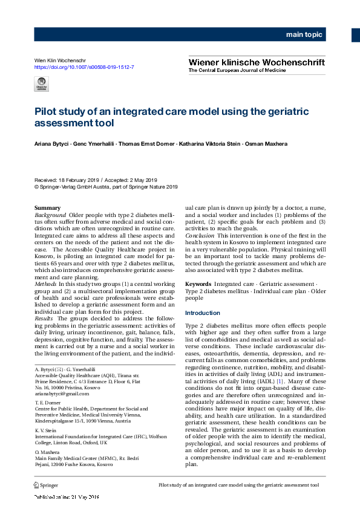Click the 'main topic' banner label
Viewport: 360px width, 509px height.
point(304,35)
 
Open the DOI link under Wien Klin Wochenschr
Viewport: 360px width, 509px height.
point(84,67)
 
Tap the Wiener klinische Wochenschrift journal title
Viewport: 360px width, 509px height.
point(257,62)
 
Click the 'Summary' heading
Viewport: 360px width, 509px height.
point(48,209)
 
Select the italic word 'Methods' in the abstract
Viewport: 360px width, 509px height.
point(46,283)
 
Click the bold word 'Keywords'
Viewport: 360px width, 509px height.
point(198,283)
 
